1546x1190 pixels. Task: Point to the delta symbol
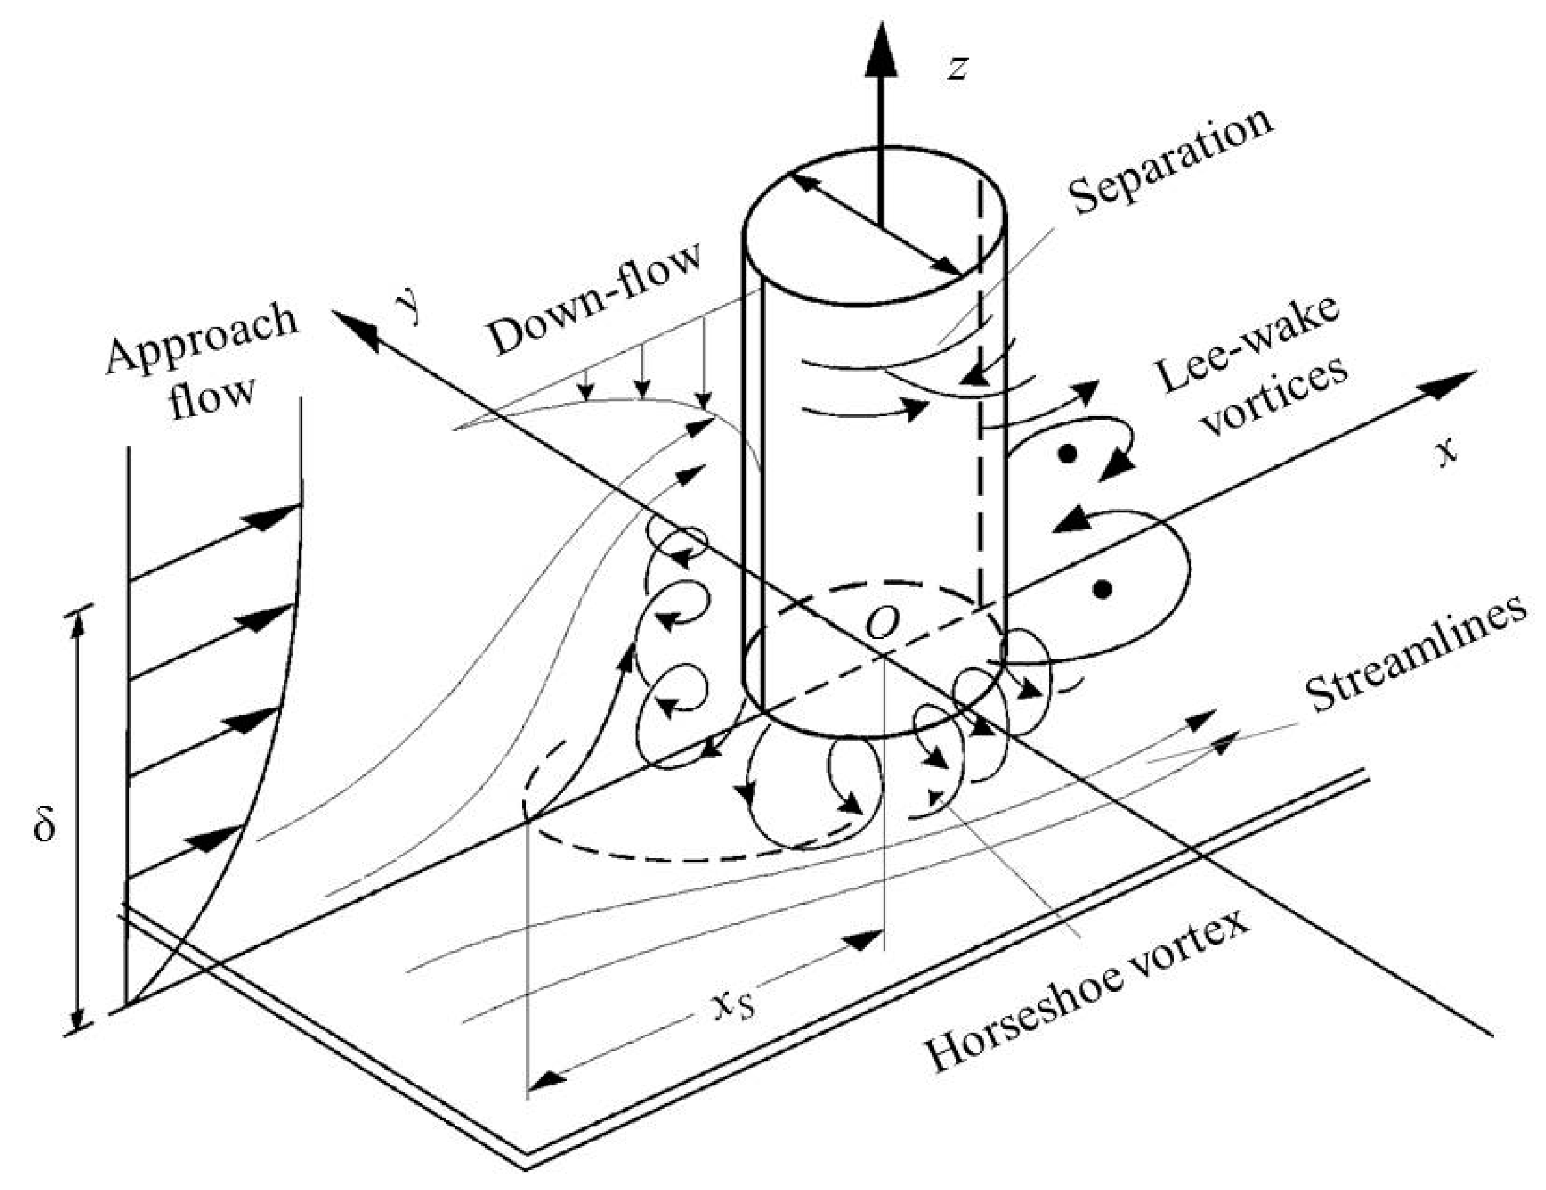[x=45, y=822]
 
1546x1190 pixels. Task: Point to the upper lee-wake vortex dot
[x=1068, y=453]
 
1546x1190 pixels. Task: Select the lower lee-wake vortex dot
[x=1102, y=589]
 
